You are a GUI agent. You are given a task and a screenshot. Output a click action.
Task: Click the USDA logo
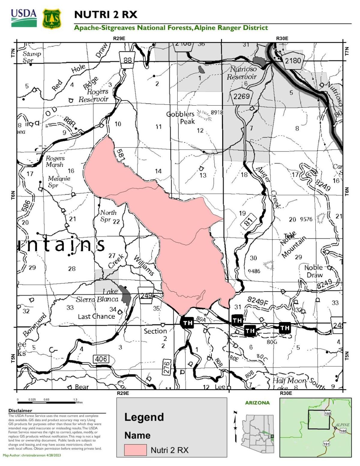tap(24, 18)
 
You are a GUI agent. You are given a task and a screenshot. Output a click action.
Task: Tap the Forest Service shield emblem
tap(52, 19)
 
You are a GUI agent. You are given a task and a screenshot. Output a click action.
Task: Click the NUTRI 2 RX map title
tap(106, 14)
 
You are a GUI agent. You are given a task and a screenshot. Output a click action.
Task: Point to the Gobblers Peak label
tap(181, 118)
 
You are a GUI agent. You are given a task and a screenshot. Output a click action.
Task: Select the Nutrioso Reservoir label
tap(242, 73)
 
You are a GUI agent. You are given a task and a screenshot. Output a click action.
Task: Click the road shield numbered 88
tap(127, 60)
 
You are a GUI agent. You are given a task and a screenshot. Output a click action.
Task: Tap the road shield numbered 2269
tap(241, 96)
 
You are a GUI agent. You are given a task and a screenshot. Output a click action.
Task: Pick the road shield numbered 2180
tap(292, 61)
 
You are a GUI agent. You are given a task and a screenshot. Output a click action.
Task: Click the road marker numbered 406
tap(101, 359)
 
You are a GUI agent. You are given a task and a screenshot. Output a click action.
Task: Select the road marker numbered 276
tap(167, 367)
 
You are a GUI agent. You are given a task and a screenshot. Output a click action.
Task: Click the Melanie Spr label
tap(59, 182)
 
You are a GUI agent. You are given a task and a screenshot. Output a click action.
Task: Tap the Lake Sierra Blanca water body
tap(125, 294)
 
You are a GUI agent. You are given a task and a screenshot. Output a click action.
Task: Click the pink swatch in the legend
tap(135, 450)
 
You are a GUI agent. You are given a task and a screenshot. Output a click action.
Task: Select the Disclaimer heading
tap(20, 411)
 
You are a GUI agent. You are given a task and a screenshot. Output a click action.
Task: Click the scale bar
tap(46, 402)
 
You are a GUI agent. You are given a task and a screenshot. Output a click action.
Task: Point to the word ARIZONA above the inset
tap(257, 403)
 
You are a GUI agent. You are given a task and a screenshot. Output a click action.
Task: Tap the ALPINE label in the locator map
tap(342, 425)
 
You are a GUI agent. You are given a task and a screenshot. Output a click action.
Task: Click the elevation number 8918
tap(217, 112)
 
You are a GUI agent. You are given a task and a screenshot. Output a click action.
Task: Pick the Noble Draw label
tap(314, 271)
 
